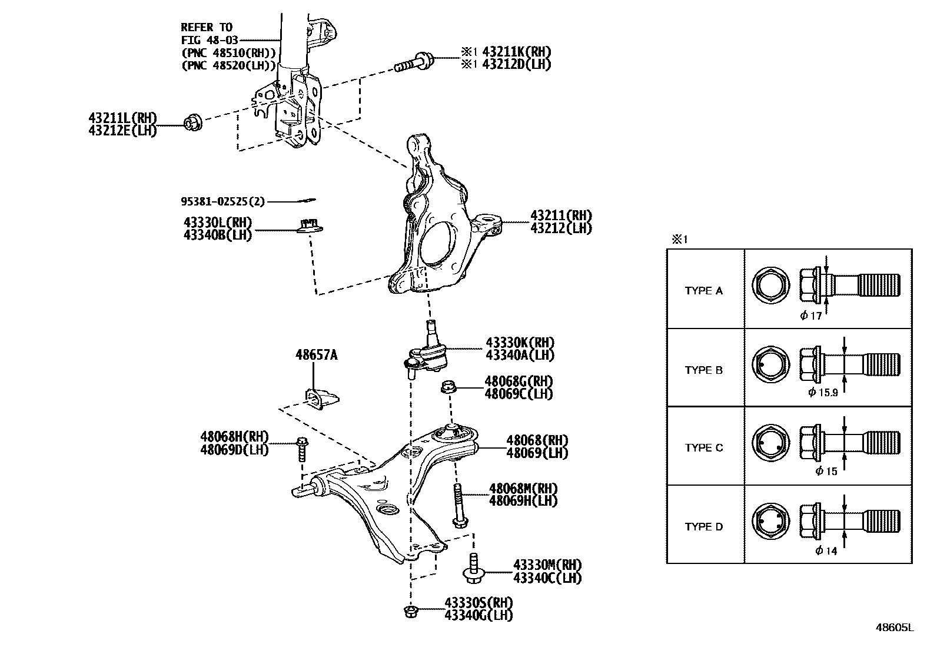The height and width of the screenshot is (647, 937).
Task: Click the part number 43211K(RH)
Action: click(x=516, y=52)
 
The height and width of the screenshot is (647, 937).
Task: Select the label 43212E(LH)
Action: click(x=122, y=131)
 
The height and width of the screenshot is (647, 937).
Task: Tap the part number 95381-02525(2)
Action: click(x=222, y=202)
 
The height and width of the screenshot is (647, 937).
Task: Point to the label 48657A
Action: click(x=316, y=355)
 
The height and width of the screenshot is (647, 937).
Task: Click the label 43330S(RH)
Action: click(x=479, y=603)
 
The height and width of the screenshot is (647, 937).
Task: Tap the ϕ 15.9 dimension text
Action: click(x=823, y=392)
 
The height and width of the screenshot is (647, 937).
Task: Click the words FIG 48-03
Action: click(x=207, y=39)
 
